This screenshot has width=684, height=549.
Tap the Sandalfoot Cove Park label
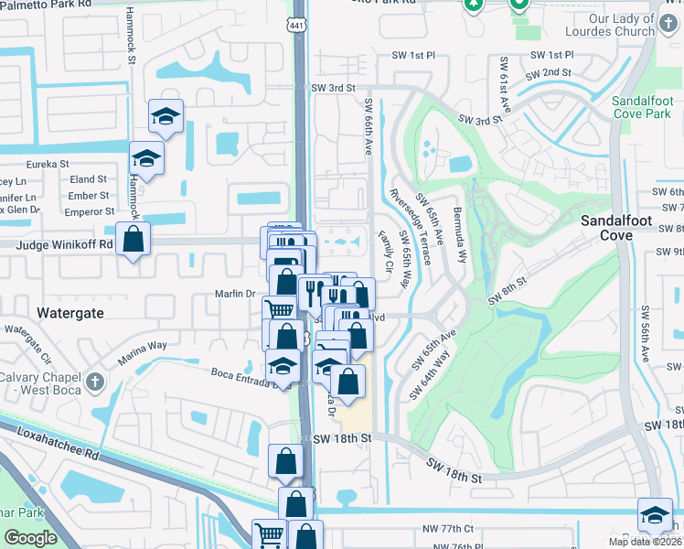coord(642,106)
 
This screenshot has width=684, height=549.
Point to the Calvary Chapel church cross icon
coord(94,380)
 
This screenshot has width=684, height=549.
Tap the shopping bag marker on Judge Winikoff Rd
coord(134,240)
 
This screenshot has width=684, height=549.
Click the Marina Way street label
coord(144,346)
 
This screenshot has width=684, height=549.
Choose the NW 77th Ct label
coord(454,528)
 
